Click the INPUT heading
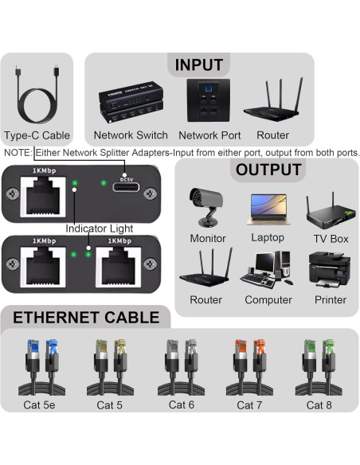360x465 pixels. (x=198, y=65)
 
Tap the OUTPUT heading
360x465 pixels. (x=268, y=170)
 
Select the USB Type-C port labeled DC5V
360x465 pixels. (x=126, y=187)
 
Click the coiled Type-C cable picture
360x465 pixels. (x=37, y=94)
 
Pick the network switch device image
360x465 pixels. (x=131, y=102)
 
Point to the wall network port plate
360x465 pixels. (x=208, y=100)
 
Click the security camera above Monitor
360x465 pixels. (x=205, y=207)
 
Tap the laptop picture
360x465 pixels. (x=268, y=209)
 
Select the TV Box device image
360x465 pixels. (x=331, y=211)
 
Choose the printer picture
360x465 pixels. (x=330, y=270)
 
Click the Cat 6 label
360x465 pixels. (x=182, y=404)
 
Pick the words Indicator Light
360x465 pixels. (x=100, y=229)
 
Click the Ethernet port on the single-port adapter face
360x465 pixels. (x=43, y=197)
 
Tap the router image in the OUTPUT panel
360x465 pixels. (x=206, y=268)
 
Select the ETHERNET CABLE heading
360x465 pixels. (x=86, y=318)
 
